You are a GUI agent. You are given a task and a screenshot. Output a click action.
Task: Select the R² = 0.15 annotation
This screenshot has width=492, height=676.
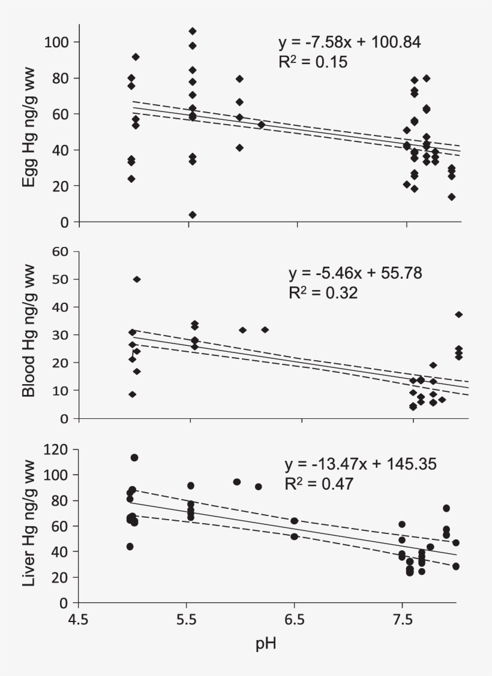[x=313, y=62]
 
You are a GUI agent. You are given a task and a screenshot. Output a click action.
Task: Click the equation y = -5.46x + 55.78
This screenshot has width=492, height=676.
[x=355, y=274]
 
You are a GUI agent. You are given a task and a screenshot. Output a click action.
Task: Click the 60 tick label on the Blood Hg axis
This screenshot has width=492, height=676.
[x=62, y=251]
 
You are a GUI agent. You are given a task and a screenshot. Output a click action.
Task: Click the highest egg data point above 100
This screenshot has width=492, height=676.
[x=193, y=31]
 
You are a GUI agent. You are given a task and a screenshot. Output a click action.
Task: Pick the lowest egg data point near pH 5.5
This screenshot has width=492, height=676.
[x=193, y=215]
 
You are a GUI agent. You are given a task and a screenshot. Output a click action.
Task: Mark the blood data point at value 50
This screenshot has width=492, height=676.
[x=137, y=279]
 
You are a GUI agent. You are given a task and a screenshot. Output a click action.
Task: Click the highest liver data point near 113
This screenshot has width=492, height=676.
[x=134, y=458]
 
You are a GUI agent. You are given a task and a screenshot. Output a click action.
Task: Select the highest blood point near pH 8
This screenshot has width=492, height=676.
[x=459, y=315]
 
